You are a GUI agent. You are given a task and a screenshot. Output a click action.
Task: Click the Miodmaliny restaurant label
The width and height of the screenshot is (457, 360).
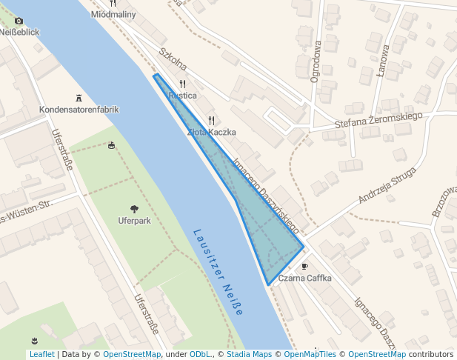coord(113,14)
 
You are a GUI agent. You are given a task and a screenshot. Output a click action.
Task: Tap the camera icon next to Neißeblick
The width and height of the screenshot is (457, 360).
coord(19,21)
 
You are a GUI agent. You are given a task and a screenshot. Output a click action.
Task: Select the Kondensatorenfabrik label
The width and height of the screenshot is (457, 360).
coord(79,110)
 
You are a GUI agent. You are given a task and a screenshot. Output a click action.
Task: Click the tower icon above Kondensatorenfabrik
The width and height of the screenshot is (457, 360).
coord(79,98)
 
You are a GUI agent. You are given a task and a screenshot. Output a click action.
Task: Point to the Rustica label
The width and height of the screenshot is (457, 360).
coord(182,96)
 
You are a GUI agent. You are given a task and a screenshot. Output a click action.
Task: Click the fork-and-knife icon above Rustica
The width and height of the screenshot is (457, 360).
coord(182,84)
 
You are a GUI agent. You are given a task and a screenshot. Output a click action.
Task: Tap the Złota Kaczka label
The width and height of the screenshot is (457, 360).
coord(212,132)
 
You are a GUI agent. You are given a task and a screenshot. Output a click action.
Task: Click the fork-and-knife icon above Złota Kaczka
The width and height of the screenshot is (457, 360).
coord(211,120)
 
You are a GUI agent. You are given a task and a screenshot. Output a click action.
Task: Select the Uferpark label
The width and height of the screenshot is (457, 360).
coord(134,221)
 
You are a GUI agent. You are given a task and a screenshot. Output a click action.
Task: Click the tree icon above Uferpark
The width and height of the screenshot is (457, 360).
coord(134,209)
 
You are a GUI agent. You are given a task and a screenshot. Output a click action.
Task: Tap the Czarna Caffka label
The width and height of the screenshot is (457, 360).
coord(305,278)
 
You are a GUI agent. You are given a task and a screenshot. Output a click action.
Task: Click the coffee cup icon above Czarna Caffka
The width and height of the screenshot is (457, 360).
coord(304,266)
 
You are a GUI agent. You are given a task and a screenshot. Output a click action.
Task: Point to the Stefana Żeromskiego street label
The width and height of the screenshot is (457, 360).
coord(378,120)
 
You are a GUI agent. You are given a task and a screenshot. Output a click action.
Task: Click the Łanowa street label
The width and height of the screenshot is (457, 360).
coord(384,60)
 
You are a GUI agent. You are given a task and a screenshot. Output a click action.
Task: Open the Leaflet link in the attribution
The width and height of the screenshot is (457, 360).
coord(41,354)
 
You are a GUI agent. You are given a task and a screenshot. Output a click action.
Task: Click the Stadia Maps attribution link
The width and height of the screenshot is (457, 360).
coord(249,354)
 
